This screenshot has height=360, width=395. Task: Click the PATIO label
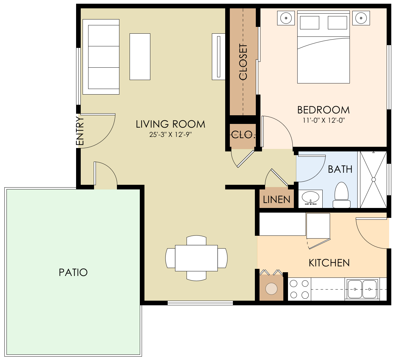tap(73, 272)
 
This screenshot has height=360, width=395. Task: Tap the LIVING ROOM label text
tap(170, 124)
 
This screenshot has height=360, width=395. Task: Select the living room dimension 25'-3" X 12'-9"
tap(170, 135)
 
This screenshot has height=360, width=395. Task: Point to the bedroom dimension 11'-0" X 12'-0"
tap(323, 120)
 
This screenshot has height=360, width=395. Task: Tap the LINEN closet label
tap(277, 200)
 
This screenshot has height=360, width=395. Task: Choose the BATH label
tap(340, 169)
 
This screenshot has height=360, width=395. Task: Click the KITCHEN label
tap(329, 263)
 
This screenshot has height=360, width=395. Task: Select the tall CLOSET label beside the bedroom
tap(243, 62)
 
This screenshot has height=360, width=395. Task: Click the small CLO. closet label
tap(243, 135)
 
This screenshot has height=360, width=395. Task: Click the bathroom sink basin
tap(311, 197)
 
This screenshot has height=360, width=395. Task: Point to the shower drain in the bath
tap(373, 180)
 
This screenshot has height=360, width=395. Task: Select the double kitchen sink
tap(362, 289)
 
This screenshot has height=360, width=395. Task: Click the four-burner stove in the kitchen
tap(299, 289)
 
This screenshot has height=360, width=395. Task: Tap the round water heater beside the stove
tap(271, 289)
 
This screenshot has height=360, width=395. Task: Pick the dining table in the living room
tap(196, 258)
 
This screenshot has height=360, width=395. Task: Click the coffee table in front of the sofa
tap(140, 57)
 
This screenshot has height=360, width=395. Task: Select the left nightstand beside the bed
tap(286, 18)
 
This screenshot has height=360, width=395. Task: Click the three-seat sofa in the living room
tap(101, 57)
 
